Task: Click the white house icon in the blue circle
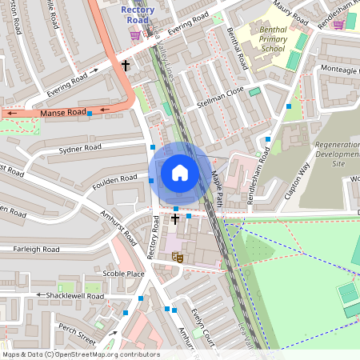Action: point(180,172)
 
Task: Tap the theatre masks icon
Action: point(177,257)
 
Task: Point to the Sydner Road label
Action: point(80,148)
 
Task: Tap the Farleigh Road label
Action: point(36,250)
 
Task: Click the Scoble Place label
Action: point(123,274)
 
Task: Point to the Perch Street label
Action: point(77,330)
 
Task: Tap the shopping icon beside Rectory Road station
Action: point(135,34)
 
